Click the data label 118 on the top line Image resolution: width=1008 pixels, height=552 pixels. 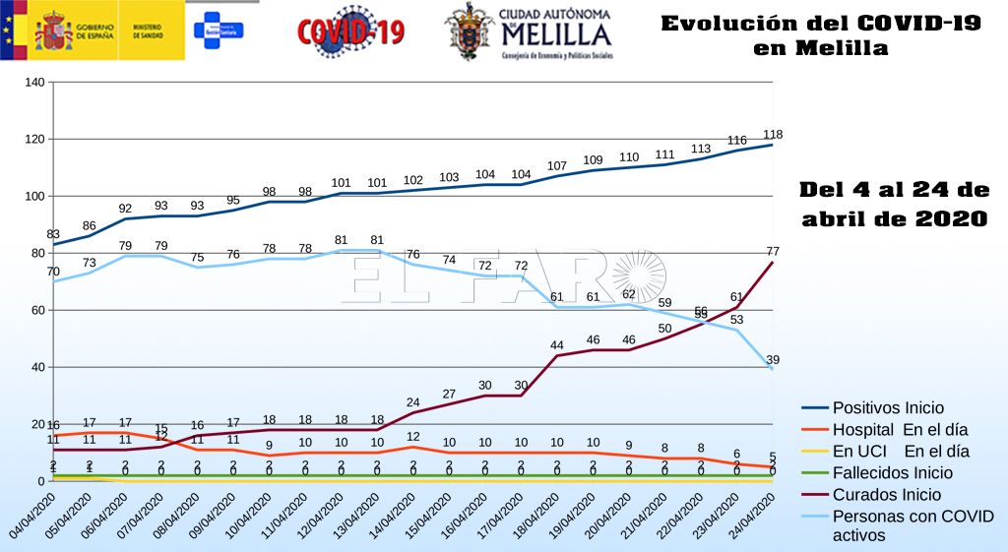click(774, 135)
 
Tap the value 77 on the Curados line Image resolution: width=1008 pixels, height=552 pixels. click(774, 251)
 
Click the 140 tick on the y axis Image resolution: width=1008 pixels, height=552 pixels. click(34, 82)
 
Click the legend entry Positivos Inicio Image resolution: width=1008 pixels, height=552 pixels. click(888, 407)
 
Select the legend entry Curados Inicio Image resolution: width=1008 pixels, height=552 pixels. click(886, 495)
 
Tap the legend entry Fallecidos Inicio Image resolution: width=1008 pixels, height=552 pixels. click(893, 473)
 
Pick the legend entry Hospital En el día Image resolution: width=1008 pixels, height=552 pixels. click(900, 429)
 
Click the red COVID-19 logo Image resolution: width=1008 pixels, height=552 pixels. click(350, 31)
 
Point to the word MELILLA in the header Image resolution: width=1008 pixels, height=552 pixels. click(556, 34)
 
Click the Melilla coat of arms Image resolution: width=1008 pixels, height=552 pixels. click(470, 31)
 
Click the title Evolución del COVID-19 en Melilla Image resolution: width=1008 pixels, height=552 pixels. click(820, 34)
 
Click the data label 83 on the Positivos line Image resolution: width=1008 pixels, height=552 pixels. click(53, 232)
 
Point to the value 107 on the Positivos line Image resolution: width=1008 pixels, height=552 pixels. click(557, 165)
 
